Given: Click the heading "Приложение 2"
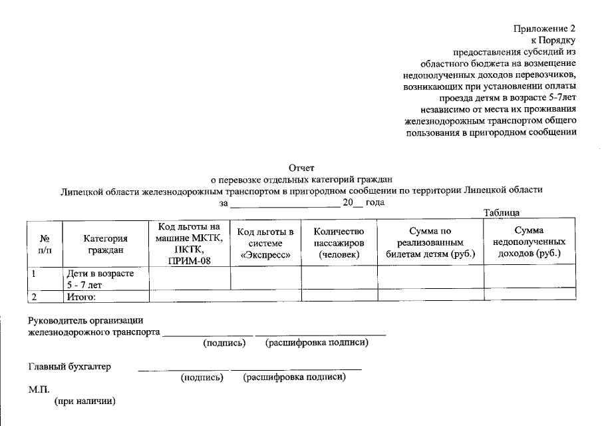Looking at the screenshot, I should (x=543, y=29).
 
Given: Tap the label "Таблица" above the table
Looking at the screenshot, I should (x=501, y=212).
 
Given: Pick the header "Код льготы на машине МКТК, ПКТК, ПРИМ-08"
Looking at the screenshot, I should (x=190, y=244).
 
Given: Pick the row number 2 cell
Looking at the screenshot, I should (x=46, y=296).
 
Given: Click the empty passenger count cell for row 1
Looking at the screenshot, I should (x=339, y=278).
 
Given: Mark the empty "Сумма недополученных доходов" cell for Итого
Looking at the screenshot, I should (x=529, y=295).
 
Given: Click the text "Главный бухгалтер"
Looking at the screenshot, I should (x=69, y=366).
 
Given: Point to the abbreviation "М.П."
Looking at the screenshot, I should (x=39, y=389).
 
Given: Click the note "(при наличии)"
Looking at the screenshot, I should (x=84, y=401).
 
